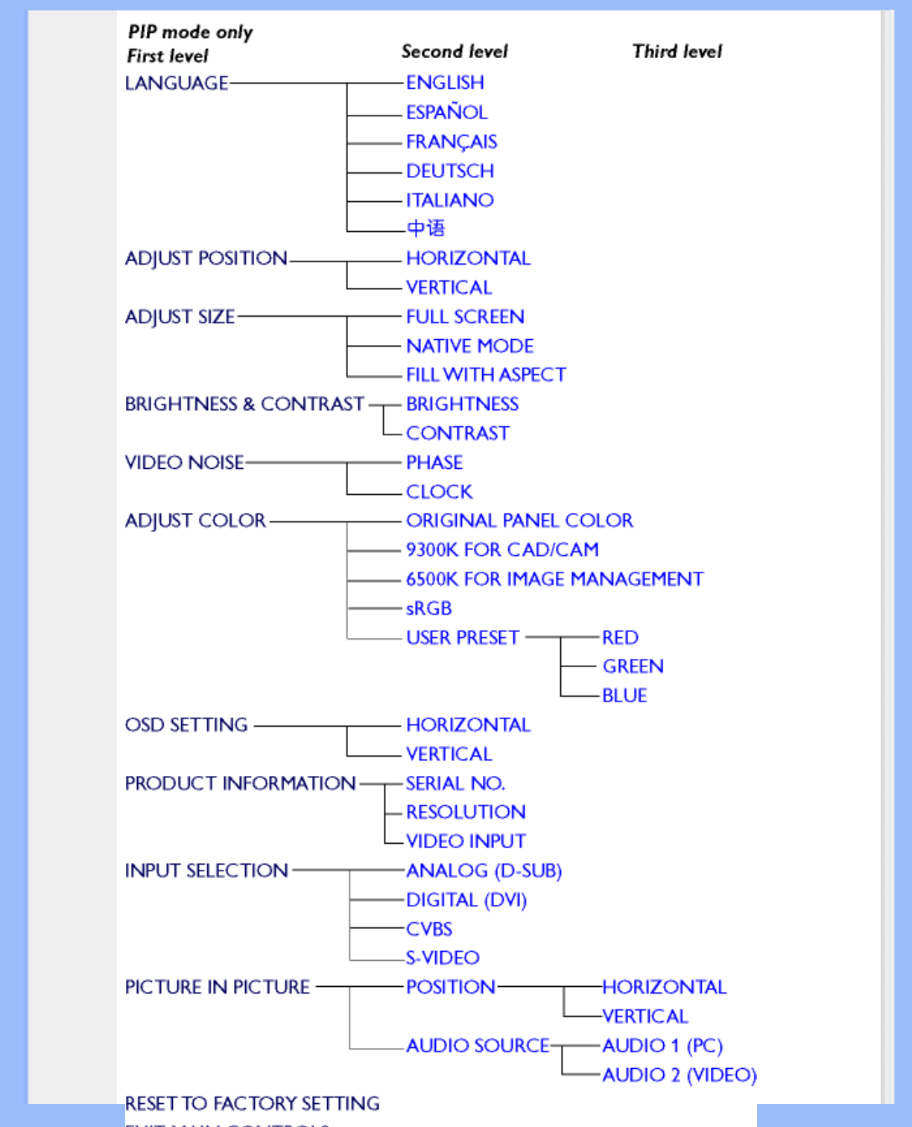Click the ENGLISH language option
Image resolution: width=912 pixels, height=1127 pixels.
(x=445, y=83)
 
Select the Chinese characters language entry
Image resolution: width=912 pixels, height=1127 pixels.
(x=425, y=228)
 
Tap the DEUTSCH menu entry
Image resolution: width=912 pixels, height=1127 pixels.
(x=450, y=171)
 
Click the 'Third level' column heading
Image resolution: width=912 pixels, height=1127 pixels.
(x=677, y=51)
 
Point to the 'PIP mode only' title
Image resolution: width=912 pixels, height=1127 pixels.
(x=190, y=32)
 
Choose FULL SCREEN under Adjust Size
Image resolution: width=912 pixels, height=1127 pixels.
(x=465, y=317)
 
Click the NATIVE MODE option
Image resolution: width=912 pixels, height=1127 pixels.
(x=469, y=346)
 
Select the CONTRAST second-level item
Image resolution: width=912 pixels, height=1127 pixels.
(x=457, y=433)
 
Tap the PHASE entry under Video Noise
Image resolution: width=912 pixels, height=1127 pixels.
(x=434, y=463)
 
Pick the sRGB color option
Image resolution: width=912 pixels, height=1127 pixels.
(x=428, y=608)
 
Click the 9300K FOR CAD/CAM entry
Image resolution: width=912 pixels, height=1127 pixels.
(x=502, y=550)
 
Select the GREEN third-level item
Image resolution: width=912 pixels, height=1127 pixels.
(x=633, y=666)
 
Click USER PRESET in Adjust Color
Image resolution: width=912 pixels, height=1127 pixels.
(x=462, y=638)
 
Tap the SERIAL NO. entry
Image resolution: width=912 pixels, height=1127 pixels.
(x=455, y=783)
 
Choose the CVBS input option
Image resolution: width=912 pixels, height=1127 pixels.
(x=429, y=929)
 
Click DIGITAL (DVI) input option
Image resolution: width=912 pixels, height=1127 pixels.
(x=466, y=900)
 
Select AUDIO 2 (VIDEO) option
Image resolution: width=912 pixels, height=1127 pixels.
(x=679, y=1075)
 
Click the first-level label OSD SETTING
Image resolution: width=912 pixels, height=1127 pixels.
(x=186, y=725)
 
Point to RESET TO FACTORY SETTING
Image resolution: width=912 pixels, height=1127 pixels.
(x=252, y=1103)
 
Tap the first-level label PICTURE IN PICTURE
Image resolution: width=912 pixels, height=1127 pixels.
(x=217, y=988)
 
